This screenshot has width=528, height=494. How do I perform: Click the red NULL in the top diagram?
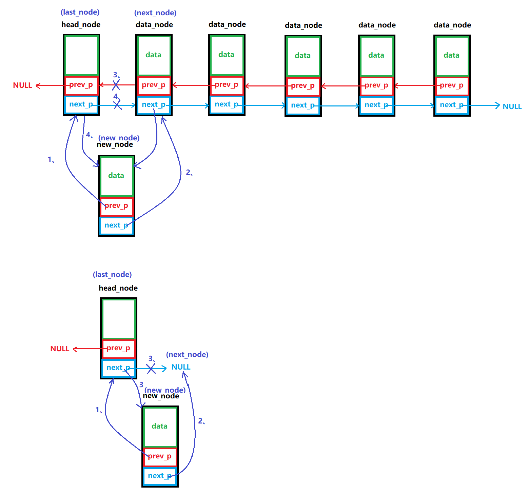[x=22, y=85]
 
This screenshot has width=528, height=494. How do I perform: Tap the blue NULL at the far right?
[x=512, y=107]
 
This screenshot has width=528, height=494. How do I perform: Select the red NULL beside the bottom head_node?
[x=60, y=349]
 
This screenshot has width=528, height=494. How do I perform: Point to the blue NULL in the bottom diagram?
[x=181, y=367]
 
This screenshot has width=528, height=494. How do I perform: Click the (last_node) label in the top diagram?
[x=80, y=12]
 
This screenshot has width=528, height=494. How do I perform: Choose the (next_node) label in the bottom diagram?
[x=187, y=355]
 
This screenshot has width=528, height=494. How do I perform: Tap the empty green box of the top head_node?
[x=81, y=55]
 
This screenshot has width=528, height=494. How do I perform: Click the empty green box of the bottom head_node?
[x=119, y=319]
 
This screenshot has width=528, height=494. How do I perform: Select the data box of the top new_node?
[x=116, y=176]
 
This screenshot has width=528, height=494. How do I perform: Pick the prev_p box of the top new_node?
[x=117, y=206]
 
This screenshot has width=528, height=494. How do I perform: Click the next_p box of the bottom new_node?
[x=160, y=476]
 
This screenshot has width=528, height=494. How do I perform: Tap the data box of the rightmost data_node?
[x=452, y=56]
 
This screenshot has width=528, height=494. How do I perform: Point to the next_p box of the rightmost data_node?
[x=452, y=105]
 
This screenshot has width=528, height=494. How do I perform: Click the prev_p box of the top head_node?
[x=81, y=85]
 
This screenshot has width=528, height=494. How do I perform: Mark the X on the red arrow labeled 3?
[x=116, y=85]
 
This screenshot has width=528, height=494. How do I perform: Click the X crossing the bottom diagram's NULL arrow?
[x=151, y=368]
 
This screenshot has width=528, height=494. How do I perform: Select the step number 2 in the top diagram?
[x=189, y=173]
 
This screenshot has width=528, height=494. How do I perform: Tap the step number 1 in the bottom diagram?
[x=98, y=410]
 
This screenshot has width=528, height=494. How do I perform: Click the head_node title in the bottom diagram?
[x=118, y=288]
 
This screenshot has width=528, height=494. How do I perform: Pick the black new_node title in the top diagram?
[x=115, y=145]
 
